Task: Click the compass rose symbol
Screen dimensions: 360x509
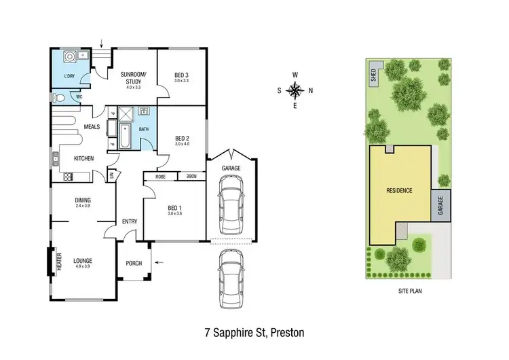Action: tap(295, 90)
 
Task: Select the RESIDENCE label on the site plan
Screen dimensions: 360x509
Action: tap(400, 190)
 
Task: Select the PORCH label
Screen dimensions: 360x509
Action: tap(134, 264)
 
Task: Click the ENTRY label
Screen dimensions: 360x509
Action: tap(130, 222)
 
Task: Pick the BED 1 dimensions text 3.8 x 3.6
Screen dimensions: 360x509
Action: tap(174, 214)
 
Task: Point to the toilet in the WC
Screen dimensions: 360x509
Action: tap(59, 98)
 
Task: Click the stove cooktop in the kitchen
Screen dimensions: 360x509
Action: tap(68, 177)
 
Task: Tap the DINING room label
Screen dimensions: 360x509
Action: tap(83, 200)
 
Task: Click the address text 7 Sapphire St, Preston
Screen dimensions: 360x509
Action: tap(254, 333)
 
